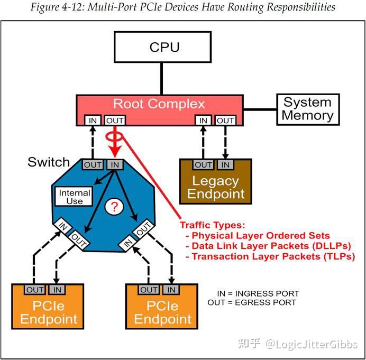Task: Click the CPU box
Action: tap(164, 47)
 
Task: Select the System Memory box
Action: tap(307, 109)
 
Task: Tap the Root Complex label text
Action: tap(159, 104)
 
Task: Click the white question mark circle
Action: tap(113, 207)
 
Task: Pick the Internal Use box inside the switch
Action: tap(74, 197)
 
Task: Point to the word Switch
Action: tap(49, 162)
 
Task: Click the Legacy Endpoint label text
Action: tap(216, 187)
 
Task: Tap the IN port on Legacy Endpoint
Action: tap(226, 165)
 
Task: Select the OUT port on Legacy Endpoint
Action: tap(203, 165)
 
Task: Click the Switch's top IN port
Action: tap(115, 165)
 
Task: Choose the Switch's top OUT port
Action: tap(93, 165)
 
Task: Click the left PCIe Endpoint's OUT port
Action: tap(35, 290)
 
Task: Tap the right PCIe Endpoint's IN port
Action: tap(171, 290)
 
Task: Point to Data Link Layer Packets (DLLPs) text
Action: tap(265, 246)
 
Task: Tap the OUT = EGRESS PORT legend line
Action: tap(252, 302)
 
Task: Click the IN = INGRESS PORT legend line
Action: tap(258, 293)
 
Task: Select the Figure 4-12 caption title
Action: tap(183, 7)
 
